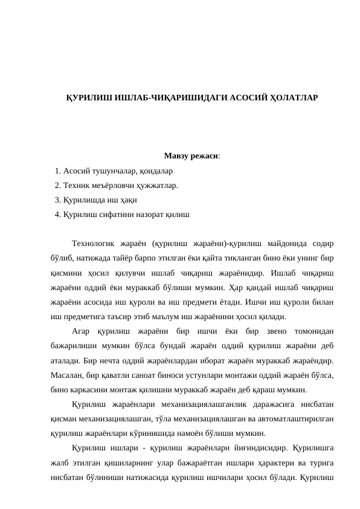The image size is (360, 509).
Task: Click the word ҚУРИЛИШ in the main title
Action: (x=89, y=97)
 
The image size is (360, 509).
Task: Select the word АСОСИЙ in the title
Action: (x=237, y=97)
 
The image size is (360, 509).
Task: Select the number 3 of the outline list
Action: (x=57, y=200)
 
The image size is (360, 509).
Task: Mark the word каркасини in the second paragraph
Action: (x=88, y=389)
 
